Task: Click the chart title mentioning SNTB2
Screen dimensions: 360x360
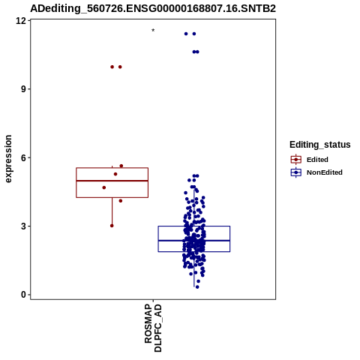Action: tap(153, 8)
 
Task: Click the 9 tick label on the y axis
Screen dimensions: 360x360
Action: tap(23, 89)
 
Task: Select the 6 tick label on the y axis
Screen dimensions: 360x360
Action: tap(23, 157)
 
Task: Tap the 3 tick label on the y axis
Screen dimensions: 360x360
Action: tap(23, 226)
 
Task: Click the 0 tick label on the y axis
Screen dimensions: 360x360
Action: tap(23, 295)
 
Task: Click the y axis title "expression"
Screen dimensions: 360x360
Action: tap(8, 159)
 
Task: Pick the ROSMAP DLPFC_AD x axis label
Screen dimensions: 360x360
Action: tap(153, 328)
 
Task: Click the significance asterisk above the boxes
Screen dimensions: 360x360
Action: tap(153, 31)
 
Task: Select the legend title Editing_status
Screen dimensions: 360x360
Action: tap(320, 145)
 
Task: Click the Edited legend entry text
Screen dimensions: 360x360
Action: tap(317, 160)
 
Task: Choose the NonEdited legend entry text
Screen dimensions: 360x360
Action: tap(325, 172)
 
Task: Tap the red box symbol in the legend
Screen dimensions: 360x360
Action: tap(296, 159)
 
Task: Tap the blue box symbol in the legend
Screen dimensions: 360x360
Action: tap(296, 172)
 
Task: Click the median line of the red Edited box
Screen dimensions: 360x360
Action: tap(112, 181)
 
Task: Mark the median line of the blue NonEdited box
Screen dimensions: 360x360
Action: tap(194, 241)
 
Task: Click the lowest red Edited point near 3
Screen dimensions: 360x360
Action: tap(112, 226)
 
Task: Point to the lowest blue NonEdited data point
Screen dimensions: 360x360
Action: tap(197, 287)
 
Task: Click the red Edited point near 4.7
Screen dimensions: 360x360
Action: tap(104, 187)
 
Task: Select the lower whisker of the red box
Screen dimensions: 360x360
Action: tap(112, 211)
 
